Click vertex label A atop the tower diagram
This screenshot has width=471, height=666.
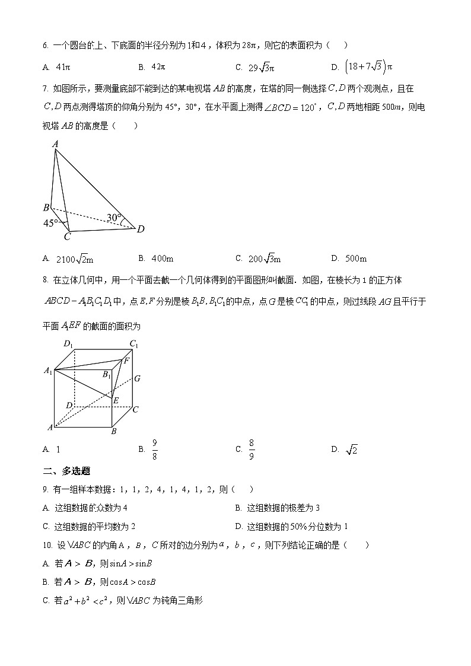pos(55,144)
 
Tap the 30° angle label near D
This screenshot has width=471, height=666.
pos(114,218)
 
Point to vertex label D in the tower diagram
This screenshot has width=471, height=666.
pos(141,229)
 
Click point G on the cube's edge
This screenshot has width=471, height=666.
pos(136,378)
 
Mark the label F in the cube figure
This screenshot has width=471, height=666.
pos(126,361)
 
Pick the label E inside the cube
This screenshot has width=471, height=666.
pos(116,401)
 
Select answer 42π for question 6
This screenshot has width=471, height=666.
pos(158,67)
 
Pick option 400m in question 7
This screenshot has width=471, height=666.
pos(161,258)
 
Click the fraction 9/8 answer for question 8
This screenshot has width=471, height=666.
pos(155,450)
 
